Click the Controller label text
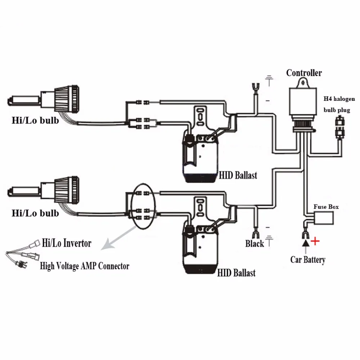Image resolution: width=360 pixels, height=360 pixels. click(x=304, y=73)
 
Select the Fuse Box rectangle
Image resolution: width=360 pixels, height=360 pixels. click(x=324, y=217)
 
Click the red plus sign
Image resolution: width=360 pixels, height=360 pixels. click(x=315, y=241)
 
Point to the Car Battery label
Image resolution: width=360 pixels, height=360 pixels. click(x=308, y=260)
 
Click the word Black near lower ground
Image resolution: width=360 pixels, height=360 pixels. click(x=255, y=244)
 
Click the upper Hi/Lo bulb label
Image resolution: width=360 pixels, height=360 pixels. click(x=35, y=120)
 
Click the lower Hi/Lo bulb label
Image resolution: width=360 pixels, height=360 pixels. click(x=35, y=213)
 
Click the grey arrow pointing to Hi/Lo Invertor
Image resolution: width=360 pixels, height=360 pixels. click(x=113, y=240)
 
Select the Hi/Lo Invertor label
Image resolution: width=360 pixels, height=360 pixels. click(x=67, y=243)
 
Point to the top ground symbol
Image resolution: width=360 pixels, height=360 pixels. click(x=269, y=80)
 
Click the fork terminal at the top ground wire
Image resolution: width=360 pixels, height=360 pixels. click(x=255, y=87)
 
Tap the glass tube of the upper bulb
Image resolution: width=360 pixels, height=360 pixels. click(x=23, y=98)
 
